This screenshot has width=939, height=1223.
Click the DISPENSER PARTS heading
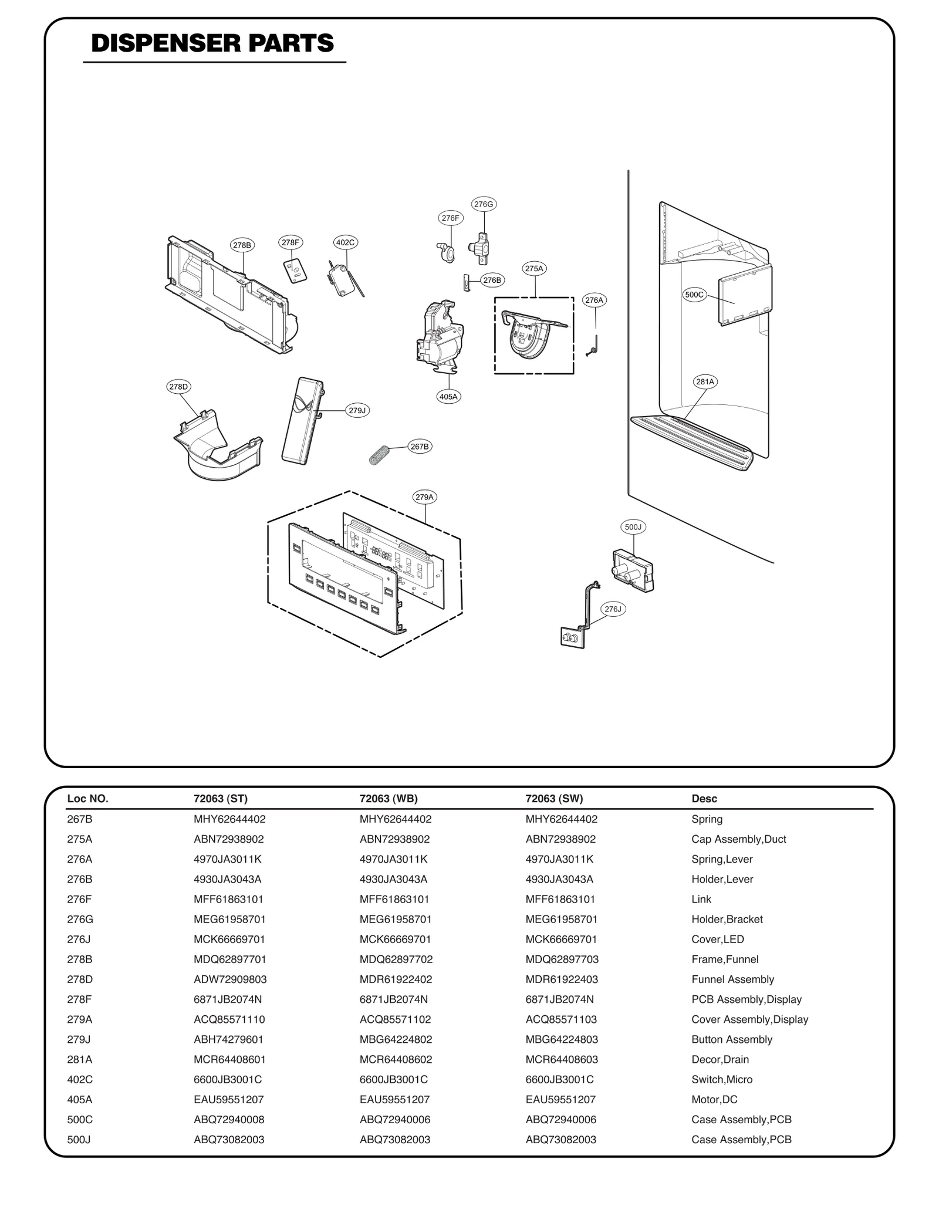[212, 44]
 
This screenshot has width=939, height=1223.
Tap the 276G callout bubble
[484, 204]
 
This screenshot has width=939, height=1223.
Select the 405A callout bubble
[448, 397]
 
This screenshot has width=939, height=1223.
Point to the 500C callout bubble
[694, 295]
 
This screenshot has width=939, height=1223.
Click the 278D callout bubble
[178, 387]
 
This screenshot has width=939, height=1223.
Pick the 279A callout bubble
[424, 497]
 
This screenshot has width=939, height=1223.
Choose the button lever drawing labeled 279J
[303, 421]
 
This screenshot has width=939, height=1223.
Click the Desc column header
[704, 799]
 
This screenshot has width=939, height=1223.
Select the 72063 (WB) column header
[389, 799]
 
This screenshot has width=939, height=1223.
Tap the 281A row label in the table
[79, 1059]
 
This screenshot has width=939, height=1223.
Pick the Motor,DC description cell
[714, 1099]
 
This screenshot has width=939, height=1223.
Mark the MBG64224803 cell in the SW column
[562, 1039]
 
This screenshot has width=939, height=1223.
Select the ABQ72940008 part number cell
[229, 1119]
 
